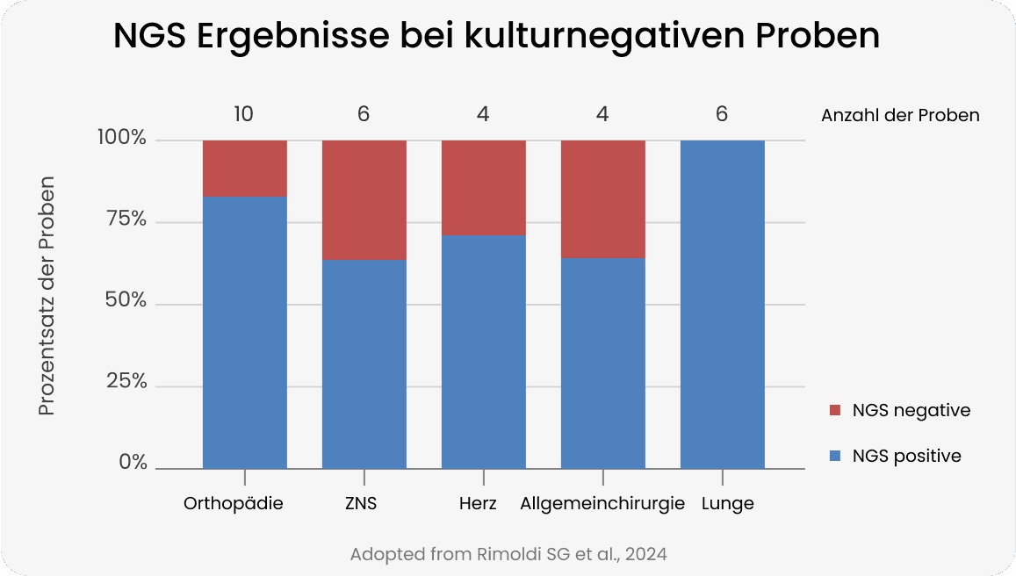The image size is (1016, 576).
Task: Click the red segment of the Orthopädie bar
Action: click(245, 168)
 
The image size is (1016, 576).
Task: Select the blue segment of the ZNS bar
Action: click(364, 364)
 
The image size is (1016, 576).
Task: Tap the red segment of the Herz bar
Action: click(484, 187)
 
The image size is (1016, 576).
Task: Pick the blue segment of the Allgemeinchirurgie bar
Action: click(603, 363)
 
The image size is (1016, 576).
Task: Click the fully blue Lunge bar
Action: click(723, 304)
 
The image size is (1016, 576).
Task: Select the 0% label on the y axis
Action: click(133, 463)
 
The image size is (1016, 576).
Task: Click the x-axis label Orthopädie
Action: click(234, 504)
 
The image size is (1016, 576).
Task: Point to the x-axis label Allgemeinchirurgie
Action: click(602, 504)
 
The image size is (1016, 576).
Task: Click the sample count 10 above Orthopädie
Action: click(245, 114)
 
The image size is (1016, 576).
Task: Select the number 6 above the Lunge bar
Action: click(722, 114)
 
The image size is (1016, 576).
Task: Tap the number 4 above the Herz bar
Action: click(483, 114)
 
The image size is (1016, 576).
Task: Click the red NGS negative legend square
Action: click(835, 411)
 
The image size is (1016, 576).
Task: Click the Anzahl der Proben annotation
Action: click(900, 115)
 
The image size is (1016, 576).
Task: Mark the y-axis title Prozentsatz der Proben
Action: click(47, 297)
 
